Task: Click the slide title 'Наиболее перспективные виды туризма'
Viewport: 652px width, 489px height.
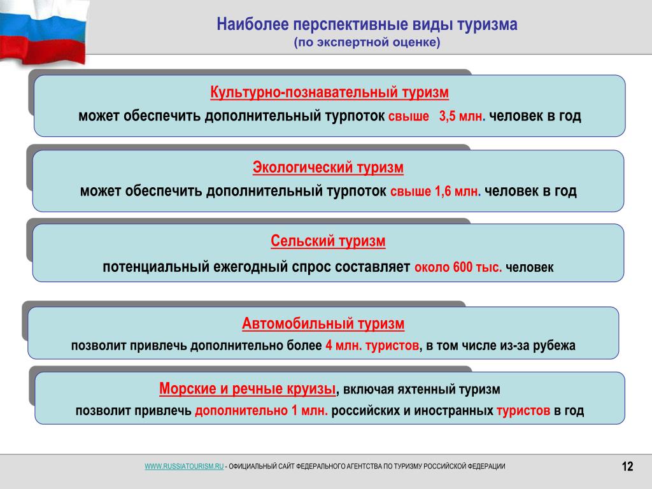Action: point(367,24)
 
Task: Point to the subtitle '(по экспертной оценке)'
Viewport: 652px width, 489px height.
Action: point(367,43)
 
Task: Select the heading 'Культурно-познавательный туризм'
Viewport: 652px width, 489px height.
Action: point(329,92)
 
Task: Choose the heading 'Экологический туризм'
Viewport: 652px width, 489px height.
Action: point(328,167)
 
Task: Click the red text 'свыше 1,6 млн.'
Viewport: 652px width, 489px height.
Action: point(436,191)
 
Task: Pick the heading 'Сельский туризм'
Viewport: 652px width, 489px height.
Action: point(328,241)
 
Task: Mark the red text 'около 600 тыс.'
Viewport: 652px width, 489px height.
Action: point(458,267)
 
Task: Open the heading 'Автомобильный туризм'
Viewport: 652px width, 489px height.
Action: point(323,323)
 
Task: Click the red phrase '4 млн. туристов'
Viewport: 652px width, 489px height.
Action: point(372,346)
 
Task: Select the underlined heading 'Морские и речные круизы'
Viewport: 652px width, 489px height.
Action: point(248,389)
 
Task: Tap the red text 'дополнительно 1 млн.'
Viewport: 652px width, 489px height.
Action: point(261,411)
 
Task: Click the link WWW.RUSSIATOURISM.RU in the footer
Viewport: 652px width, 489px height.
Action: point(184,467)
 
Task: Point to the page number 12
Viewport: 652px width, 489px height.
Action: point(627,467)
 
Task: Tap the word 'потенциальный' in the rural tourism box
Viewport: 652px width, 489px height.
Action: point(156,267)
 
